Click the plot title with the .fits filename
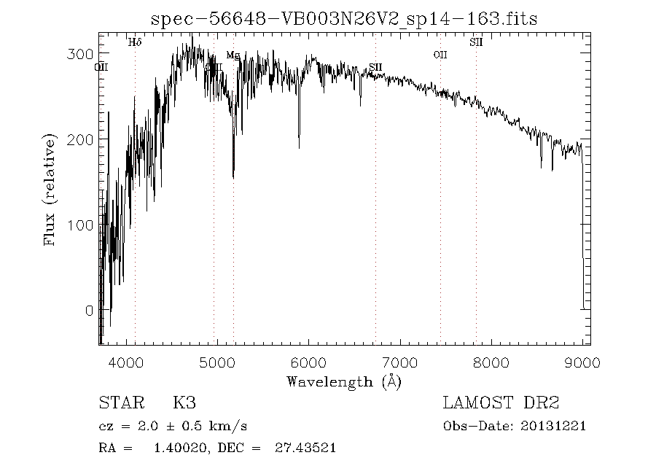pos(344,19)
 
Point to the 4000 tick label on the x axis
pos(127,363)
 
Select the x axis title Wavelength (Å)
pos(344,381)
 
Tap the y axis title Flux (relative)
pos(50,190)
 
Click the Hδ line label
pos(135,42)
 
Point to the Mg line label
pos(233,55)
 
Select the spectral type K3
pos(183,403)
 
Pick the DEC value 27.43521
pos(305,448)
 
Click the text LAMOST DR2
pos(501,403)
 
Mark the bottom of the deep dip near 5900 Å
pos(298,147)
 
